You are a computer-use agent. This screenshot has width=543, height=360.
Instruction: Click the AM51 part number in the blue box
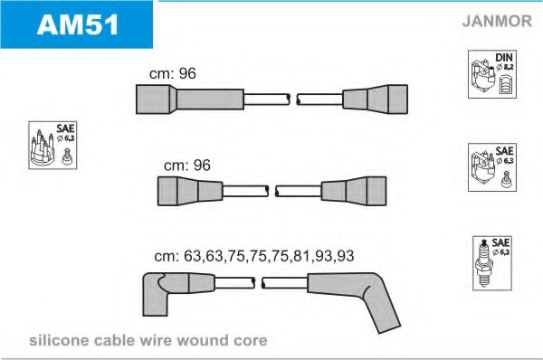78,24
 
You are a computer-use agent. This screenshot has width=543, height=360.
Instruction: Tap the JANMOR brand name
497,21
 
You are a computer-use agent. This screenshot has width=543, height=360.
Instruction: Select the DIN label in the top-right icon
504,57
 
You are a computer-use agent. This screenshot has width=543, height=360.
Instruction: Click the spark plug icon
483,264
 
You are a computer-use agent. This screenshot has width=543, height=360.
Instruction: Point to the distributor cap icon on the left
43,147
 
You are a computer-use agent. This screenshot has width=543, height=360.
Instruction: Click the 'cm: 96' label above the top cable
173,73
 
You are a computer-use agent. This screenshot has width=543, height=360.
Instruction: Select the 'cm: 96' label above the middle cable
187,166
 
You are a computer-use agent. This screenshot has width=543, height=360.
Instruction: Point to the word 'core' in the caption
251,341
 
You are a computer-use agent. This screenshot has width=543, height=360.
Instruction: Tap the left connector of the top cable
190,99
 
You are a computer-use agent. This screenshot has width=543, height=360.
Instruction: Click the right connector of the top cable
375,99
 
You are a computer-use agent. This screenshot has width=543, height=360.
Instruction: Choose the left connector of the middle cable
190,191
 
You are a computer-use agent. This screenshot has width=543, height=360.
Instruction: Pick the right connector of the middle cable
354,191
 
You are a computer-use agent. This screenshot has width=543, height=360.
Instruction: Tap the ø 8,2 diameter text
505,67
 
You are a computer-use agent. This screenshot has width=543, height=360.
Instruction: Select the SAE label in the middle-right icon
504,151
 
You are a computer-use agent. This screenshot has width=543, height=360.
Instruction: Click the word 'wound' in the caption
203,340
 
